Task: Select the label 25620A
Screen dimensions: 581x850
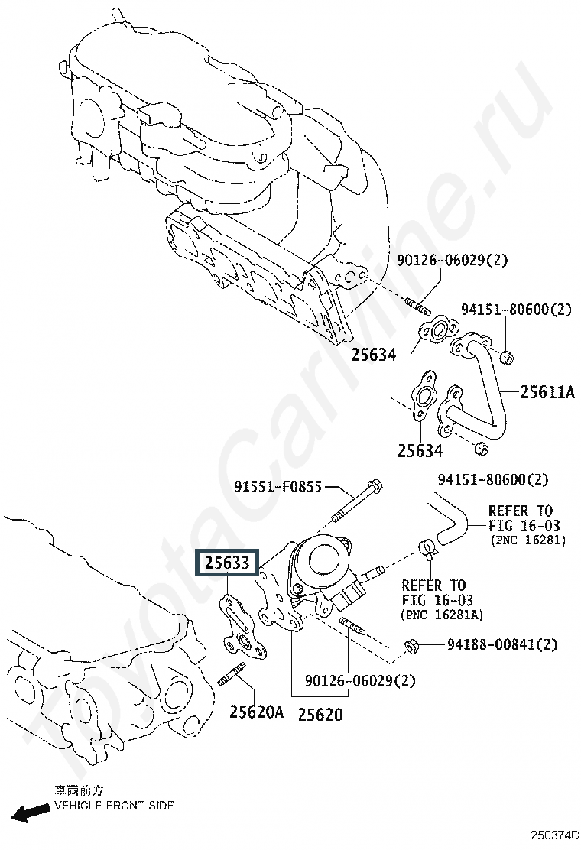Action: pyautogui.click(x=256, y=711)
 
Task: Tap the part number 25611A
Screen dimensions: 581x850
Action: pyautogui.click(x=547, y=391)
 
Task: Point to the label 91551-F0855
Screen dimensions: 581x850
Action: pyautogui.click(x=278, y=486)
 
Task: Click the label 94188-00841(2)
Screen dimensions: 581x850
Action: pyautogui.click(x=502, y=644)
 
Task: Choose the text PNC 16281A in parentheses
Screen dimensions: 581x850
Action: pyautogui.click(x=442, y=615)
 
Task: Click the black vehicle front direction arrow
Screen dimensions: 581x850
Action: pyautogui.click(x=30, y=813)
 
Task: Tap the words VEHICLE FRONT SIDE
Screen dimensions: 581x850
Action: pyautogui.click(x=115, y=806)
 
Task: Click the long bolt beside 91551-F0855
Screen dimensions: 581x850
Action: pyautogui.click(x=356, y=501)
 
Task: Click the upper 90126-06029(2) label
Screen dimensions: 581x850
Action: pyautogui.click(x=453, y=260)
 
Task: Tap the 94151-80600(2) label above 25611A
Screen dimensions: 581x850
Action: pyautogui.click(x=517, y=309)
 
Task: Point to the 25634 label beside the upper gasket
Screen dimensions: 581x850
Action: pyautogui.click(x=374, y=355)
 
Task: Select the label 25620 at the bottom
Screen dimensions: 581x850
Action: pyautogui.click(x=320, y=714)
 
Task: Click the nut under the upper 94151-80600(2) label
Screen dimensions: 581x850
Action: pyautogui.click(x=505, y=357)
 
